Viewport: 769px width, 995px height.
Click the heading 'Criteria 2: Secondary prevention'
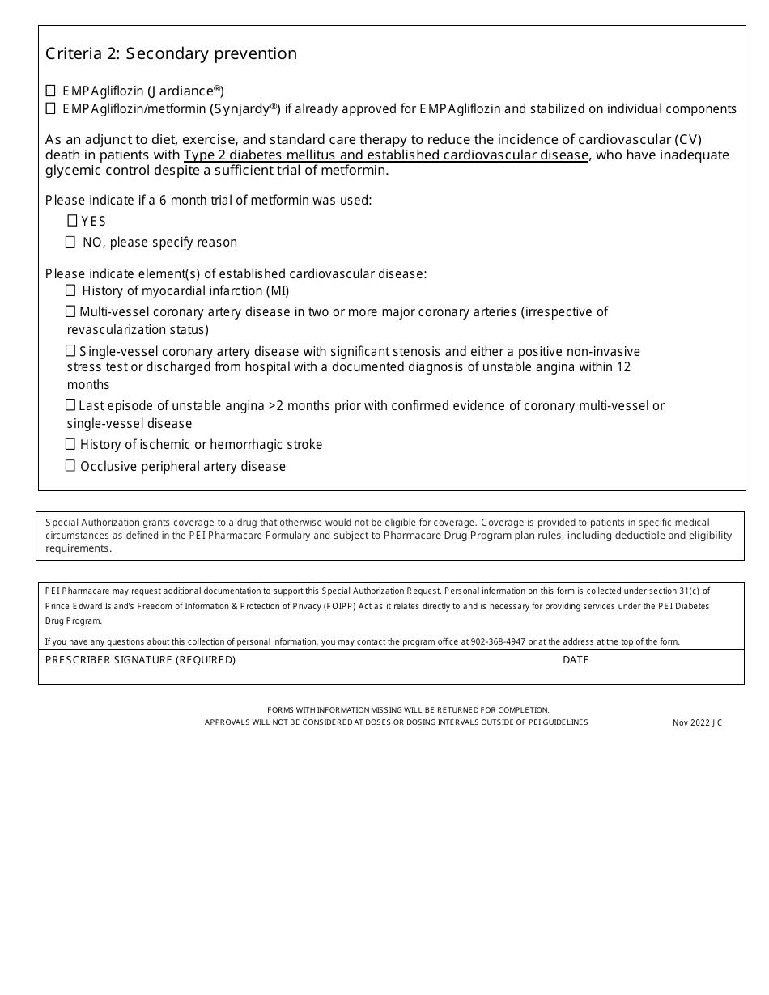(x=171, y=54)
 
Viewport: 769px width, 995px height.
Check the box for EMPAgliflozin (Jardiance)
(x=51, y=91)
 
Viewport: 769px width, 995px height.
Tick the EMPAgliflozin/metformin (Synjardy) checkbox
(x=51, y=108)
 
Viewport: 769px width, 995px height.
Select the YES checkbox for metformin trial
(x=72, y=221)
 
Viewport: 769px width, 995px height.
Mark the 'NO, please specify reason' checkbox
(x=70, y=242)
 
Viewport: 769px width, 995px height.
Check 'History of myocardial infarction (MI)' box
(x=70, y=290)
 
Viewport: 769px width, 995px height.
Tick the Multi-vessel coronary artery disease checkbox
(x=70, y=311)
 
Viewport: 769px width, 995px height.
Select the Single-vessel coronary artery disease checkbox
(x=70, y=351)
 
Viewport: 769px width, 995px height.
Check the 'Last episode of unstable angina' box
(x=70, y=405)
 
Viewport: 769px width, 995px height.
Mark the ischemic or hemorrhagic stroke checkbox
(x=70, y=444)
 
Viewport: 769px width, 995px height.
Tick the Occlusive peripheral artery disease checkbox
(x=70, y=466)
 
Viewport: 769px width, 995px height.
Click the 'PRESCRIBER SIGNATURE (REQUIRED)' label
(x=140, y=660)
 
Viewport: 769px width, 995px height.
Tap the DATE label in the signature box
(x=576, y=660)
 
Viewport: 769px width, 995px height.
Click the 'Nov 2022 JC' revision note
(x=697, y=722)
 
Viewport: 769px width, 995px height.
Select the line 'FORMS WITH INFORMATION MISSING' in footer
(x=408, y=709)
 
